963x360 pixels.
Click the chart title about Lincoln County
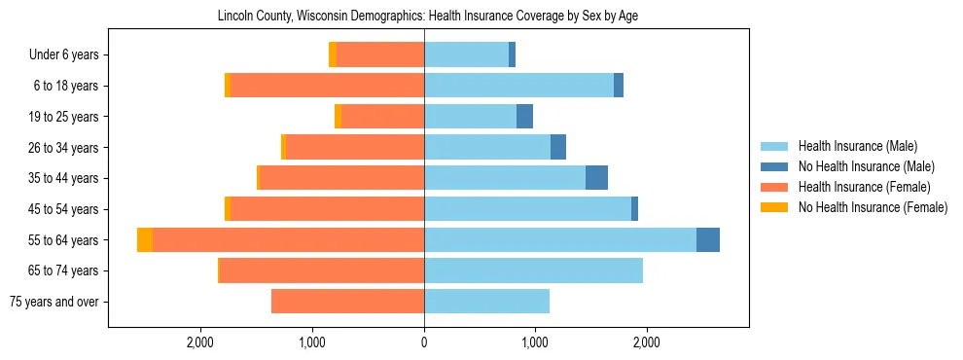coord(423,17)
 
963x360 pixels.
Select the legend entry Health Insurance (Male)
coord(857,146)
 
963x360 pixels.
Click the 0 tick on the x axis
coord(424,343)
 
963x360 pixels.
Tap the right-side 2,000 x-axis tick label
coord(647,343)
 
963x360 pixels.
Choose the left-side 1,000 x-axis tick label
coord(312,343)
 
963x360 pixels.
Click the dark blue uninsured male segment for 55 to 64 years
coord(708,240)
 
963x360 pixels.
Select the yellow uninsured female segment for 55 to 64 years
coord(145,240)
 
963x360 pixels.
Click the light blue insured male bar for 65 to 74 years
coord(533,270)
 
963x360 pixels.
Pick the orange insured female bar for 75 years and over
coord(347,302)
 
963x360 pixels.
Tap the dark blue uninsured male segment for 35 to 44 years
coord(596,178)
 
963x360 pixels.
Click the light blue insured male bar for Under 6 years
coord(466,55)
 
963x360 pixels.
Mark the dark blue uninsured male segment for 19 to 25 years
coord(524,117)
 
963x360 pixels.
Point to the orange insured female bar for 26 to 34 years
coord(354,147)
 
